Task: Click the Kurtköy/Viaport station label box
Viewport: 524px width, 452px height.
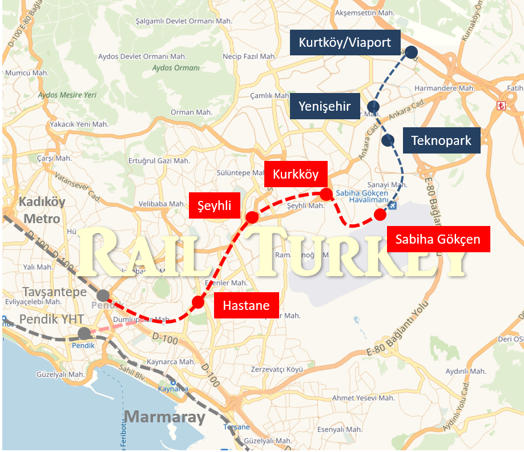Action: (345, 43)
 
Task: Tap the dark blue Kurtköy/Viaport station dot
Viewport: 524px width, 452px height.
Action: (412, 52)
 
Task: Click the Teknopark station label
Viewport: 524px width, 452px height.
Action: (441, 140)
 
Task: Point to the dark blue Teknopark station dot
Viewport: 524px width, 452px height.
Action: (388, 140)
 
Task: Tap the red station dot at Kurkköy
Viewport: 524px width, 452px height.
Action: (326, 195)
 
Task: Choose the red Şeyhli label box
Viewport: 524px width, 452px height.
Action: (214, 205)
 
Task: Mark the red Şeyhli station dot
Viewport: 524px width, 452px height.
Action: (252, 217)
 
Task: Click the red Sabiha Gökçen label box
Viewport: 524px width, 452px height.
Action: (438, 239)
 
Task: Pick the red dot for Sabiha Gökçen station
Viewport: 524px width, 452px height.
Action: (380, 215)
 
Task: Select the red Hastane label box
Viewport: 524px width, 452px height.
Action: (246, 306)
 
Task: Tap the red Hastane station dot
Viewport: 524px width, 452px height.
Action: (197, 302)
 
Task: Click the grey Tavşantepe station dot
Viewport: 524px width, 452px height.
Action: (103, 296)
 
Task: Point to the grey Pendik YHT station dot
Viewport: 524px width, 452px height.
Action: (84, 333)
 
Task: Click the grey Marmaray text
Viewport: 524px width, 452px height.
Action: (165, 417)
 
